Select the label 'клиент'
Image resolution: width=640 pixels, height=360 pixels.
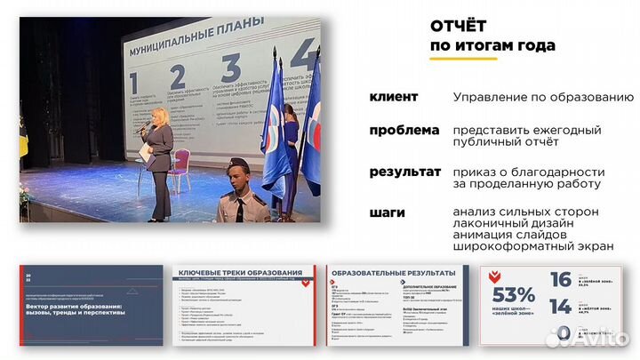[398, 96]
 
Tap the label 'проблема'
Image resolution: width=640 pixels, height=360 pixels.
[405, 130]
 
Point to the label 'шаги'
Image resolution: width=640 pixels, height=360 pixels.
[389, 212]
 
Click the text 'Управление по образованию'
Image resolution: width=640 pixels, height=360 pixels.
[543, 96]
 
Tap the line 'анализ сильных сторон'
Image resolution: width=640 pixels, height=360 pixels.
[525, 212]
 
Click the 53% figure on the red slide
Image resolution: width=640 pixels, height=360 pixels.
[513, 295]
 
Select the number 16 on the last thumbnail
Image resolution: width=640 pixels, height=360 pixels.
[561, 280]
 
